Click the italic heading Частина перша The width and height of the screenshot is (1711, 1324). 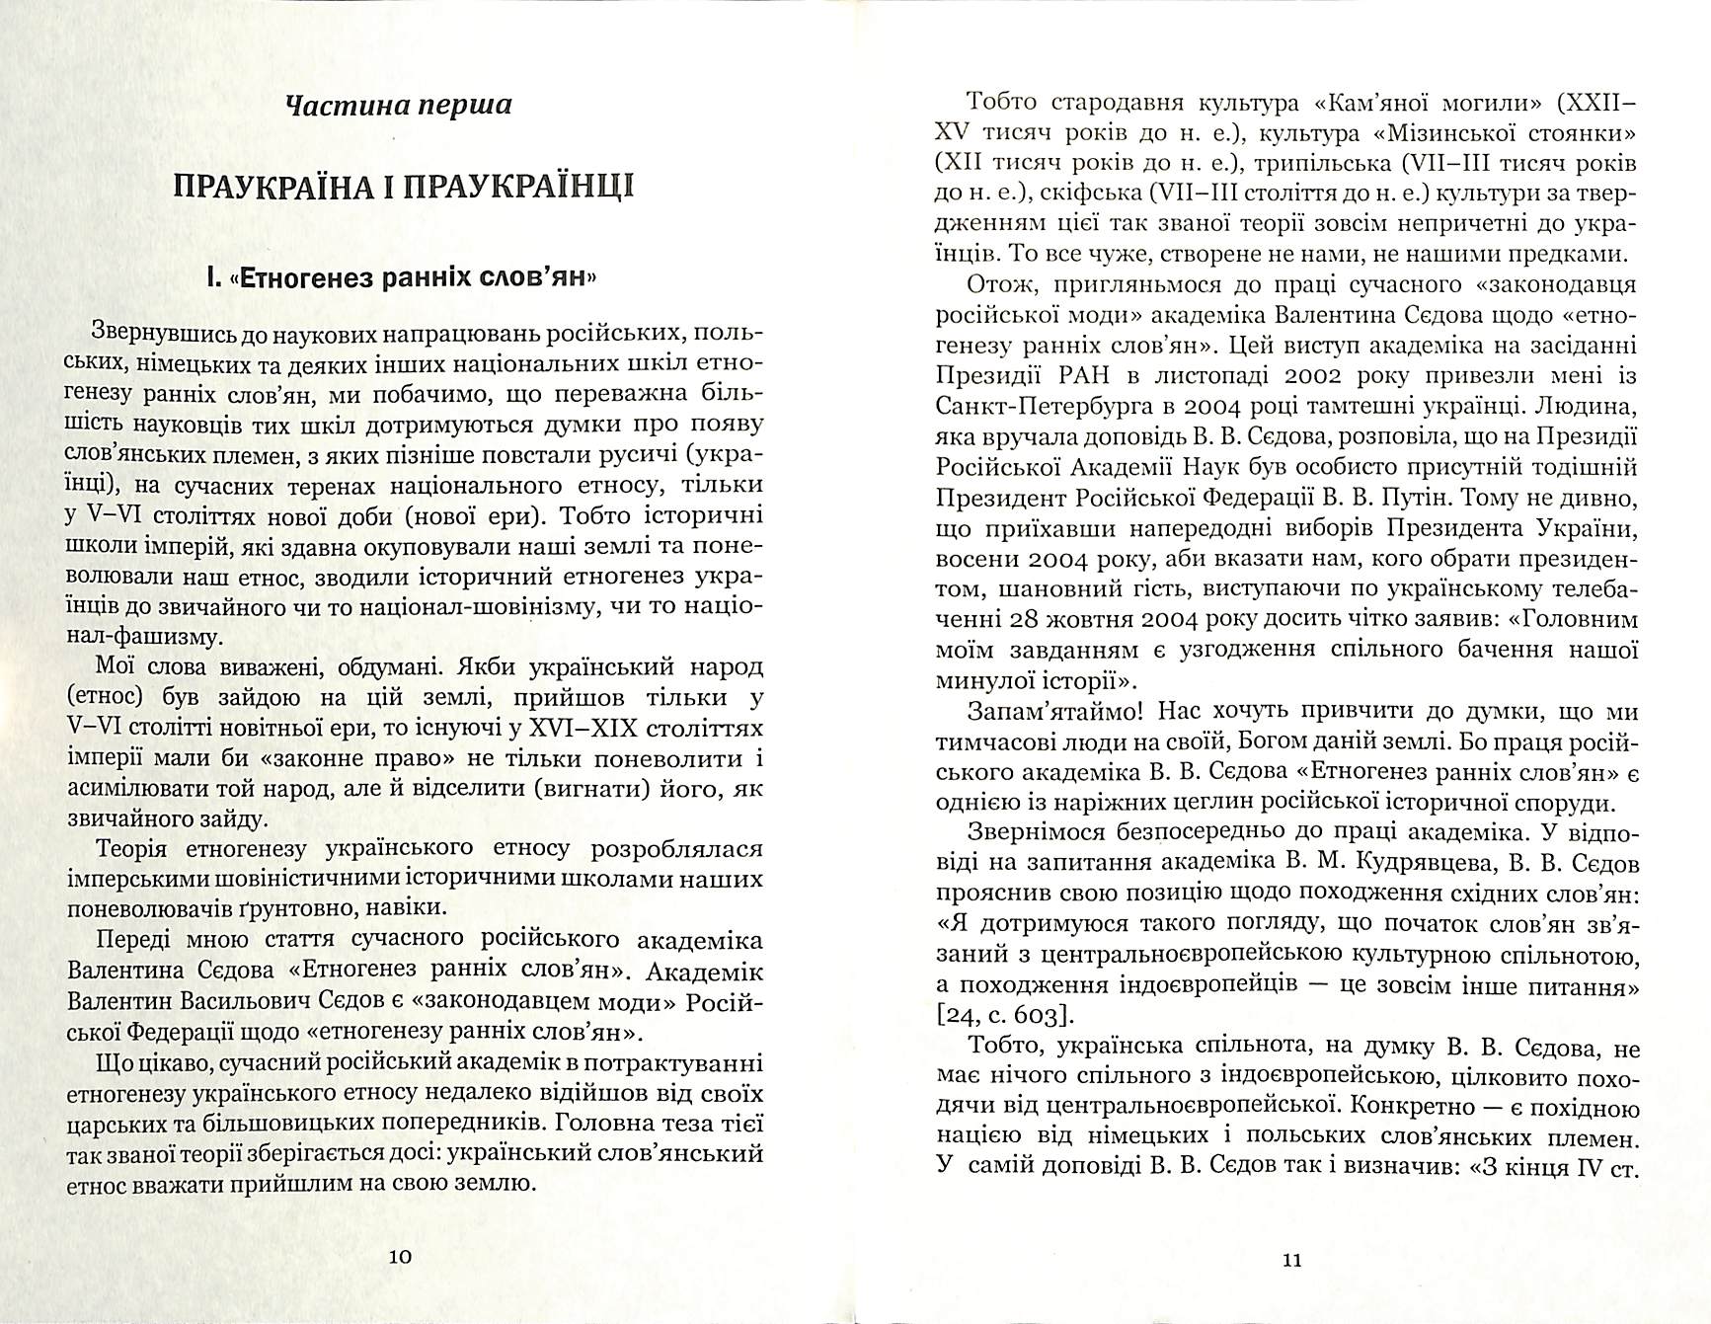point(397,104)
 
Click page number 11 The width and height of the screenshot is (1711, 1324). point(1291,1260)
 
